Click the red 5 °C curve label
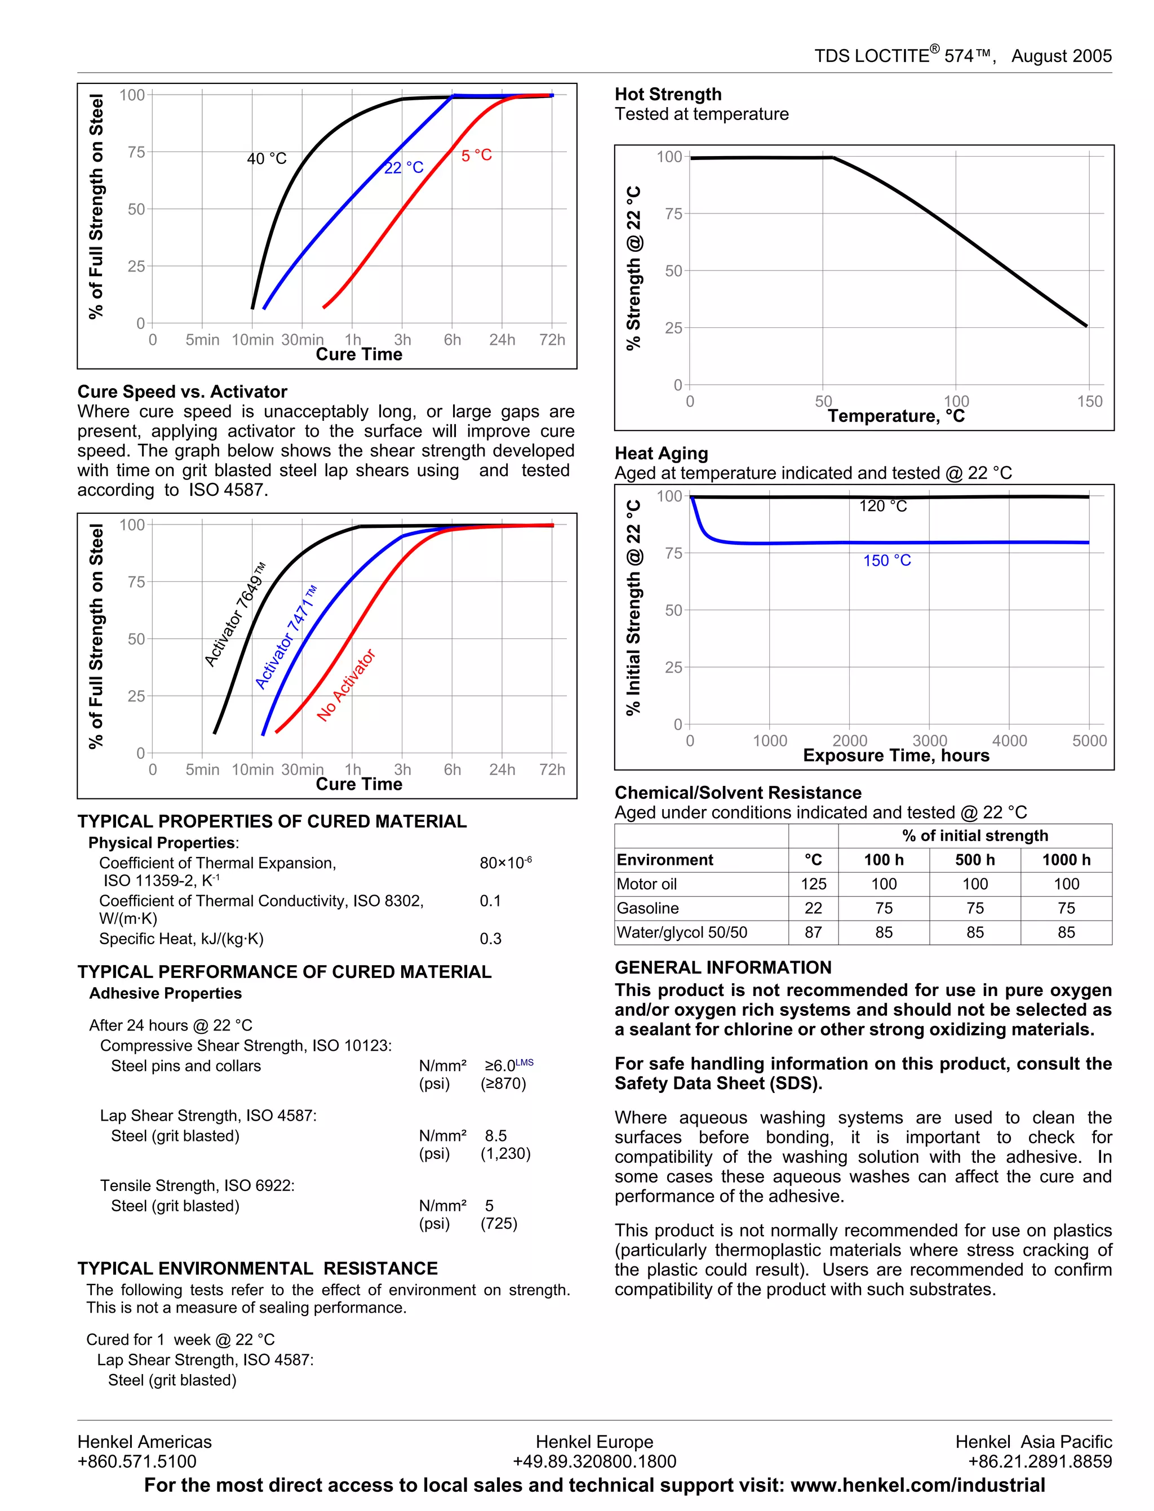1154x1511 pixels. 476,156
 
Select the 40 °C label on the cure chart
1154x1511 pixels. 267,159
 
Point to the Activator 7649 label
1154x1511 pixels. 235,614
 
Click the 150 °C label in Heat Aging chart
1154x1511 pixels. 887,561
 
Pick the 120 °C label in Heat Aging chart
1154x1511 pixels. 882,506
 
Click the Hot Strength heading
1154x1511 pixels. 668,94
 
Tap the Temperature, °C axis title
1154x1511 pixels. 896,416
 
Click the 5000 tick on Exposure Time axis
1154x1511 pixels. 1089,741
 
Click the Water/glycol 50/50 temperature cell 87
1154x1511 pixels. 813,932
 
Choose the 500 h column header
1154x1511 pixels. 975,860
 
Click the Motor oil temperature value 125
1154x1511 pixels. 813,884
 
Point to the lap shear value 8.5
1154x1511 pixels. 495,1136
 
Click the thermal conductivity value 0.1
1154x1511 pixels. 490,900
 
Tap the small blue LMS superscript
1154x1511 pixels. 524,1063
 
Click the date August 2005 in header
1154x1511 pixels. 1061,56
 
